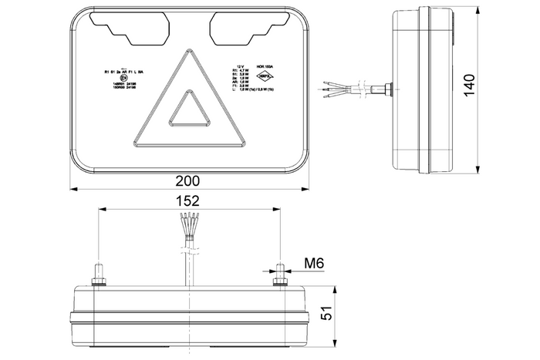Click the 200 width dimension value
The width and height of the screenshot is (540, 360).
[x=187, y=181]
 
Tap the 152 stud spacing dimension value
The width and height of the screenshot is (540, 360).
[x=187, y=200]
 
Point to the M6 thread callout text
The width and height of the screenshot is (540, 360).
[x=312, y=264]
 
